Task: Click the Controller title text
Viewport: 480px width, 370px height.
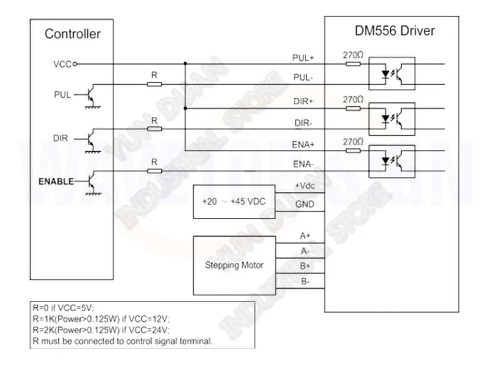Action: click(x=72, y=34)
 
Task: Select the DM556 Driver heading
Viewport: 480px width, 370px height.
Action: click(x=395, y=31)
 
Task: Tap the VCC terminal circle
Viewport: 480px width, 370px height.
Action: click(x=75, y=64)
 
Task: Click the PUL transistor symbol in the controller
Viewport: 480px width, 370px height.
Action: click(x=90, y=96)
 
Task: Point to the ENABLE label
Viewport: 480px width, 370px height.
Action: click(x=56, y=182)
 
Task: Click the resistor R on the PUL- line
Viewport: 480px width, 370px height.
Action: click(x=154, y=84)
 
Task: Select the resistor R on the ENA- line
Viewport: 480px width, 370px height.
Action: click(x=154, y=171)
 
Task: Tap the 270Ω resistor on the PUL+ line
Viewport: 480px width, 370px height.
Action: click(x=353, y=64)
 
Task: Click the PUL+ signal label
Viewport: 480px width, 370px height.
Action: click(x=303, y=58)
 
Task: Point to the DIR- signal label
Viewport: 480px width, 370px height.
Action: click(x=303, y=123)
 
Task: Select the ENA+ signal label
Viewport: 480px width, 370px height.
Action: click(x=303, y=144)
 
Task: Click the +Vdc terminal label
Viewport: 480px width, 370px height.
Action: click(x=305, y=186)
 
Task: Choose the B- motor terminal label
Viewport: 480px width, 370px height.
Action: click(x=305, y=281)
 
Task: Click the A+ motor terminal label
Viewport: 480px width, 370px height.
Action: click(x=305, y=236)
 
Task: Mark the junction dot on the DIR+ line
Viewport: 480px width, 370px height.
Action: click(x=185, y=108)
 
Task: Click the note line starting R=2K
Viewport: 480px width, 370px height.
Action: click(x=101, y=330)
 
